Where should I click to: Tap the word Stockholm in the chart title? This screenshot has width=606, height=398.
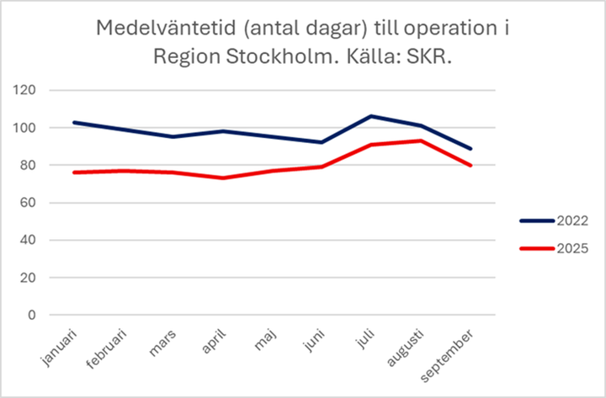pos(312,58)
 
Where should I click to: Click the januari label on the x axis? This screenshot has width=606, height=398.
pos(60,345)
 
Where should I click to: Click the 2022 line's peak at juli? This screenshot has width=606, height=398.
pos(371,116)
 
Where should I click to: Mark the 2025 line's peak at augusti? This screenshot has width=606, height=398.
pos(420,141)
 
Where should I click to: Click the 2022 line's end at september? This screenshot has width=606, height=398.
pos(470,149)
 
